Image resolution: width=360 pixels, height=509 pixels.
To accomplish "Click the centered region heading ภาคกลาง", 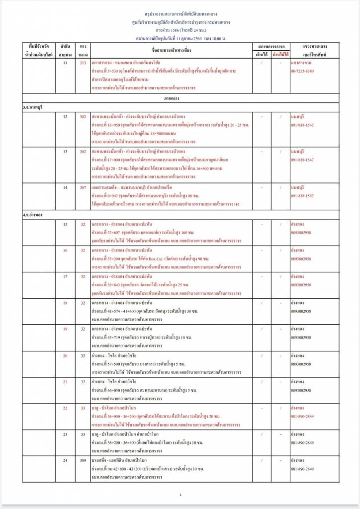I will point(180,98).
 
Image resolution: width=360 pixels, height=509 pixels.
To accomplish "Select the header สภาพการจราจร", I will point(271,46).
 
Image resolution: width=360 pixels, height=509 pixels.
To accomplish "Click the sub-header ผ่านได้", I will point(262,53).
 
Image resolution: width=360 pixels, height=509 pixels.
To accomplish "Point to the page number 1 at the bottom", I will point(180,495).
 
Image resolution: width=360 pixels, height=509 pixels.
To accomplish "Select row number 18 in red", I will point(65,302).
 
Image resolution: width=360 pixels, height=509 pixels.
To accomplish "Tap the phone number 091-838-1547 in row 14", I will point(302,196).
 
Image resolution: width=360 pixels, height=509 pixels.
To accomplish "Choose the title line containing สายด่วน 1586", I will point(180,30).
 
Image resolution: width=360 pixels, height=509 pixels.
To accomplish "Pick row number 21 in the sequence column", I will point(65,381).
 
